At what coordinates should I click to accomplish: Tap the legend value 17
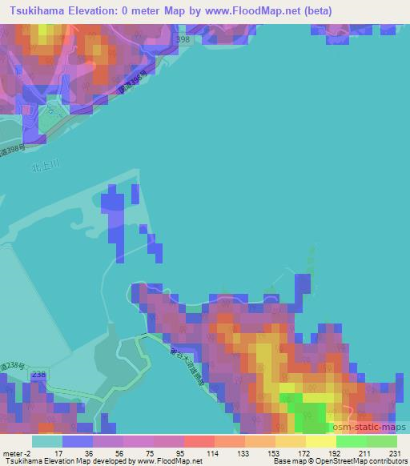[x=78, y=453]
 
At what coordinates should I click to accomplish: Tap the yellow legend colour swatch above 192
[x=320, y=441]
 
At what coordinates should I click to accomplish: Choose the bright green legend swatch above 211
[x=351, y=441]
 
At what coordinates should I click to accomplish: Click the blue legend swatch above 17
[x=78, y=441]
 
